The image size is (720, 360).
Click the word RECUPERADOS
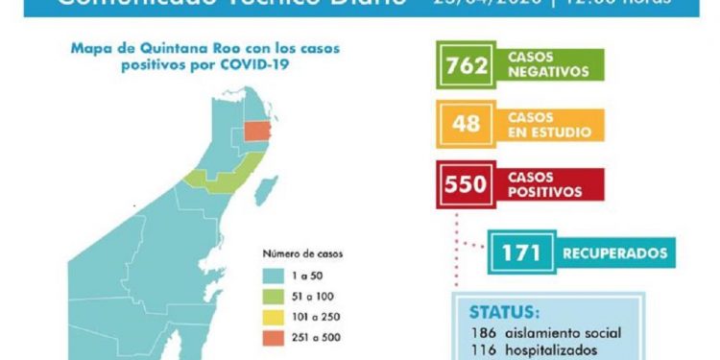click(x=614, y=254)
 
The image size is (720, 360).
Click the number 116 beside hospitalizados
click(x=483, y=350)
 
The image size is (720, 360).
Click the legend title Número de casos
click(x=303, y=254)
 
